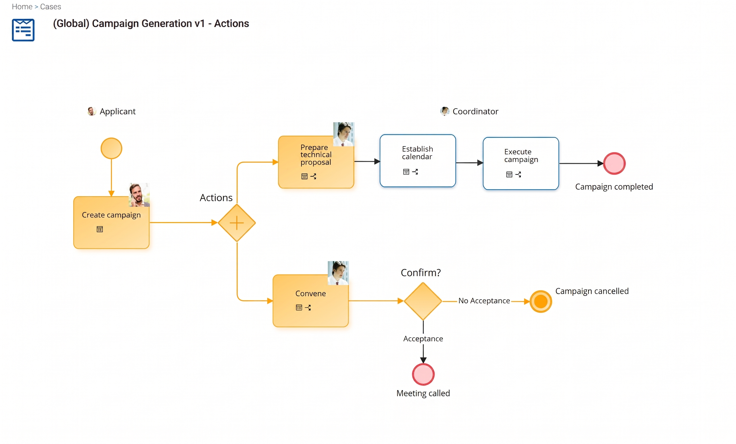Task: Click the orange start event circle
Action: (111, 148)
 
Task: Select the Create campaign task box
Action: (111, 223)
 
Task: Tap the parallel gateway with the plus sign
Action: (237, 223)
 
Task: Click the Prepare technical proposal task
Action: (316, 162)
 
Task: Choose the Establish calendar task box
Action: (418, 161)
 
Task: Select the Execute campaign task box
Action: (521, 163)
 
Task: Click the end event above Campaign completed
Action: (614, 163)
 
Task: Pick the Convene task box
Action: (311, 301)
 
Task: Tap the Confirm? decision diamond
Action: (423, 301)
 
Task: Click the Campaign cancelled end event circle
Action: (541, 301)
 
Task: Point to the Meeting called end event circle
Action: (423, 374)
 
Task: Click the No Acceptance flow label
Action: (484, 301)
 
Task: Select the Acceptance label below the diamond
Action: (423, 339)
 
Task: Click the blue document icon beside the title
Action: (23, 30)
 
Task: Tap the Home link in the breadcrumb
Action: (22, 7)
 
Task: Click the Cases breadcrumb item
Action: (50, 7)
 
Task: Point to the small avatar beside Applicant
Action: (92, 111)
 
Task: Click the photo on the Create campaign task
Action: (139, 195)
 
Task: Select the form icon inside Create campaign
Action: (100, 229)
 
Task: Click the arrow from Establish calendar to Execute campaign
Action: (469, 163)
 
